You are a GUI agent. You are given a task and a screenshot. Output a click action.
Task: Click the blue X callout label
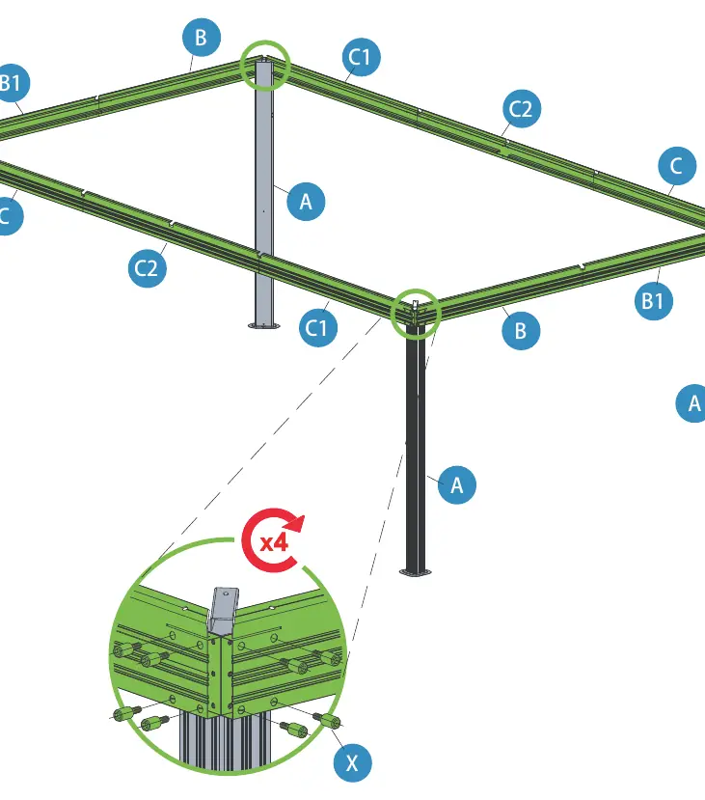click(352, 762)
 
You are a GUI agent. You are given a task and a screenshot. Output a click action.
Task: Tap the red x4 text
click(274, 542)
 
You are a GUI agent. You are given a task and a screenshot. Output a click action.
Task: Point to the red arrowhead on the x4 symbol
click(294, 525)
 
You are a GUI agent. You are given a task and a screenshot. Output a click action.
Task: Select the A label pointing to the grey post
click(306, 202)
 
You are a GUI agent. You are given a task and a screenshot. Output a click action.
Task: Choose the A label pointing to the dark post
click(457, 484)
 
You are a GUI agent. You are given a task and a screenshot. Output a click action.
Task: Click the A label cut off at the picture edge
click(691, 403)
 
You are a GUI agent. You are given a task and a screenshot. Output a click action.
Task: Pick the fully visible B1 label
click(654, 300)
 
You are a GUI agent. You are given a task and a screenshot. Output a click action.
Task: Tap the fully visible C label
click(677, 166)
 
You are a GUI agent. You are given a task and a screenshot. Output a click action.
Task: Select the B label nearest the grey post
click(202, 38)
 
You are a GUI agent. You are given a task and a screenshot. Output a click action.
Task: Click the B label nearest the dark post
click(521, 331)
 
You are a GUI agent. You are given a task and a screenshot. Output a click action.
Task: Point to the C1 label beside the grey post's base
click(318, 327)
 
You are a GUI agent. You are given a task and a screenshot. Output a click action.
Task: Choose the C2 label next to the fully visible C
click(521, 109)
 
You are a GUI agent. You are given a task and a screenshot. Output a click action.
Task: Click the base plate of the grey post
click(264, 325)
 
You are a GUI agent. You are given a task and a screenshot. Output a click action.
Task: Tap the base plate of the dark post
click(416, 572)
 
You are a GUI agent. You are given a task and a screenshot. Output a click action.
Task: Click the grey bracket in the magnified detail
click(222, 611)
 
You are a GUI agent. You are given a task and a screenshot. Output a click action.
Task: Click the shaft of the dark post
click(416, 449)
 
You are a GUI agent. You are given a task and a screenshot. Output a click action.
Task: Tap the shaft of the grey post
click(264, 194)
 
